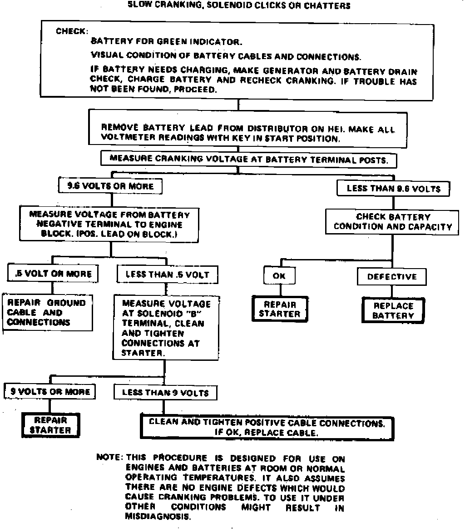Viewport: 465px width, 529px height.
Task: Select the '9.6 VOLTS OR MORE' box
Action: tap(110, 186)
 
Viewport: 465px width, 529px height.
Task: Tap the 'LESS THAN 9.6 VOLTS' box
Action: tap(393, 189)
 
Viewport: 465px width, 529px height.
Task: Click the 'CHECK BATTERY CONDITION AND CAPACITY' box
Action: tap(393, 222)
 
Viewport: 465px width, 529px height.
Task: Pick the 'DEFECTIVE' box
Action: tap(392, 277)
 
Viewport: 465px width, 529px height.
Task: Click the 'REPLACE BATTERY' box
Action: tap(393, 310)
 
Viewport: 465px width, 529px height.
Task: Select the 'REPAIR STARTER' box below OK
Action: tap(280, 309)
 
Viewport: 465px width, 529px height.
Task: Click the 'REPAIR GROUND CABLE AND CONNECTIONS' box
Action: tap(47, 313)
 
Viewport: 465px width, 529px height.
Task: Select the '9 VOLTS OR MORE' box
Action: tap(50, 392)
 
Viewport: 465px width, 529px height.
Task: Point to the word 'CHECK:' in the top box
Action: tap(71, 31)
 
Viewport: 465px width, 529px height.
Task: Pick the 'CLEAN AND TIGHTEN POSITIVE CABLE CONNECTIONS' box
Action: tap(267, 428)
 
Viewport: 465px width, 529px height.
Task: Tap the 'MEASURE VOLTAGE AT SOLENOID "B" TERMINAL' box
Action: tap(166, 328)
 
